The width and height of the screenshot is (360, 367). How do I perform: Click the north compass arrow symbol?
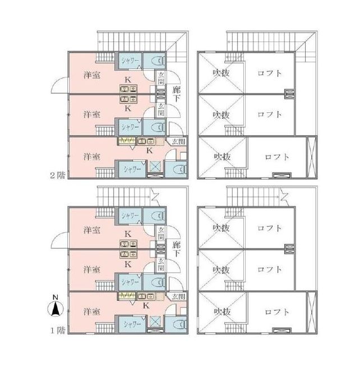click(x=56, y=309)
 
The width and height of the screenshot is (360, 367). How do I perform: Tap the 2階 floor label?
click(x=58, y=175)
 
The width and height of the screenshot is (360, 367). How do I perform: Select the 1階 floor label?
click(x=58, y=331)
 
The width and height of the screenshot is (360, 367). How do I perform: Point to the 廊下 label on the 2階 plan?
click(x=176, y=94)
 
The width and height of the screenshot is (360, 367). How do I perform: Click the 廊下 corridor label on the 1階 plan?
click(x=176, y=249)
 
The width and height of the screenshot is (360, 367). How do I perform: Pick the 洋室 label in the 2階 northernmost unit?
click(x=92, y=75)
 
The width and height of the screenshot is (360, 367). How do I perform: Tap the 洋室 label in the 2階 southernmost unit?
click(x=92, y=157)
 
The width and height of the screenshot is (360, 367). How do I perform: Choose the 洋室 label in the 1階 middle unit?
click(x=92, y=269)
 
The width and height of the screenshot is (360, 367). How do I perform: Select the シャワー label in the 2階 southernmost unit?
click(x=132, y=169)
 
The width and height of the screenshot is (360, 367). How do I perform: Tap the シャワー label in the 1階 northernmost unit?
click(x=130, y=215)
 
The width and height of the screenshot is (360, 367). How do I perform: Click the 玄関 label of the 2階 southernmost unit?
click(x=178, y=141)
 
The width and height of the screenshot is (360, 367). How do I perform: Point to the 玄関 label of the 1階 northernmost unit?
click(x=161, y=233)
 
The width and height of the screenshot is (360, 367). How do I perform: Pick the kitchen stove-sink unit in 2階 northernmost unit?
click(x=128, y=89)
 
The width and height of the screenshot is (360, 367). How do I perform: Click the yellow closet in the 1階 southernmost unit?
click(x=127, y=296)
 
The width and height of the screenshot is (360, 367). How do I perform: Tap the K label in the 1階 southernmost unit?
click(x=146, y=305)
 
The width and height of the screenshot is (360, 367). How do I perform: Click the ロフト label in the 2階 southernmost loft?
click(x=277, y=157)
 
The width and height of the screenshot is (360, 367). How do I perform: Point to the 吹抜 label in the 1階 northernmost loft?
click(x=221, y=228)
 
